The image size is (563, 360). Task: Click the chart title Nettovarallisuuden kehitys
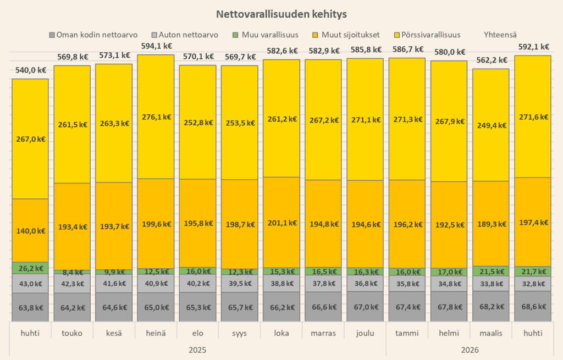point(281,14)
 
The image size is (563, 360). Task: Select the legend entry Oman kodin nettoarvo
point(93,35)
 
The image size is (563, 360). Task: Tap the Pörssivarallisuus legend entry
point(427,35)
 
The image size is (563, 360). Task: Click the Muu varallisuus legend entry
point(266,35)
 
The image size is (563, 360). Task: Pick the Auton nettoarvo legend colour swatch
point(154,35)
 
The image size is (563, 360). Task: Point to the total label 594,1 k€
point(157,46)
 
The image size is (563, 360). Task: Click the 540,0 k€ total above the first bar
point(31,70)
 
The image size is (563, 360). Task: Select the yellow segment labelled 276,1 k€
point(156,117)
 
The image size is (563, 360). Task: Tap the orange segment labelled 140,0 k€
point(30,230)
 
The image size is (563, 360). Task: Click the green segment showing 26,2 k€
point(30,268)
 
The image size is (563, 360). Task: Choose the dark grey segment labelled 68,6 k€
point(533,306)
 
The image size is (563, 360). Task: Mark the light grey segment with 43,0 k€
point(30,284)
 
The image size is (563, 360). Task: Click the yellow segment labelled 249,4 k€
point(491,125)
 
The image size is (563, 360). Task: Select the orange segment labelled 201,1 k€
point(281,223)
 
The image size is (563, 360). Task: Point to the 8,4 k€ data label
point(73,272)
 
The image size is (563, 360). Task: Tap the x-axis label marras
point(323,333)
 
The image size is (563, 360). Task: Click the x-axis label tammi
point(407,333)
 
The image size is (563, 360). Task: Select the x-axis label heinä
point(156,333)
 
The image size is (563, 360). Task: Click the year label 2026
point(470,350)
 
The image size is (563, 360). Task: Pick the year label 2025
point(197,350)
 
